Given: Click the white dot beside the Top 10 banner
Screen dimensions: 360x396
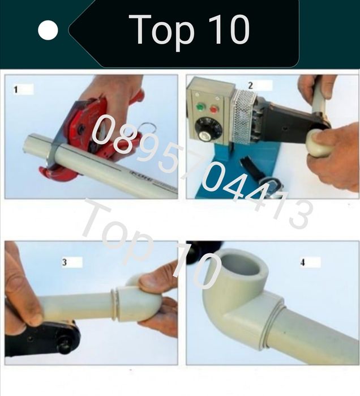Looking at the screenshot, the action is [x=48, y=30].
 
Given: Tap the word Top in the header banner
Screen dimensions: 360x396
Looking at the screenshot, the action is [x=162, y=31].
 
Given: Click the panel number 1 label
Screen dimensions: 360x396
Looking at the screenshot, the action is [x=16, y=90].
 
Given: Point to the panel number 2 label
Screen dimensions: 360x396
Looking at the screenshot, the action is [x=250, y=86].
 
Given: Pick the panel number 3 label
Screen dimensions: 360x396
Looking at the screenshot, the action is [x=65, y=262].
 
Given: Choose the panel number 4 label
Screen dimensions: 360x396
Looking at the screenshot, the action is [x=303, y=263].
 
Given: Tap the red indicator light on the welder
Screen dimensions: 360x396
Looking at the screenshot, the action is [x=214, y=109].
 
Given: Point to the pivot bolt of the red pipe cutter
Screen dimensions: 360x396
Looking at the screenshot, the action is [x=82, y=130].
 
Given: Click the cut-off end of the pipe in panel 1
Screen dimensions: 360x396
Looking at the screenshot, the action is [x=26, y=147].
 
